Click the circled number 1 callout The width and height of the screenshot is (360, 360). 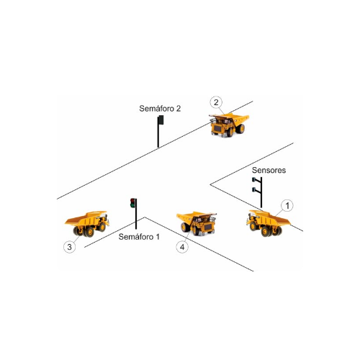pos(287,206)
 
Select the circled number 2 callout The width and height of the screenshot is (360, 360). pos(216,102)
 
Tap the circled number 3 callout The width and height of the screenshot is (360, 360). pos(70,247)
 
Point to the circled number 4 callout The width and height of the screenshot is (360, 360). pos(182,247)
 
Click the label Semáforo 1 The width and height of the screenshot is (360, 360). pos(139,237)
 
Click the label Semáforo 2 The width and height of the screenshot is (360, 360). pos(160,109)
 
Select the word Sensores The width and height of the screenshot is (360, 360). pos(269,170)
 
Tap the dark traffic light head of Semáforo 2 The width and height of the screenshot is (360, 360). pos(161,120)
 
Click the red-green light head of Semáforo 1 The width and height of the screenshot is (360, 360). pos(133,203)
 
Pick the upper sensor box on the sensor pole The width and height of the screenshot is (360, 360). pos(253,179)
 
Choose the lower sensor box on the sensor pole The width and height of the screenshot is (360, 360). pos(253,190)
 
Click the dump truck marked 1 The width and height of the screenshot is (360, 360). pos(269,223)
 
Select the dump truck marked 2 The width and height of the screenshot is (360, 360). pos(229,125)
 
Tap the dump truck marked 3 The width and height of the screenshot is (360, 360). pos(87,224)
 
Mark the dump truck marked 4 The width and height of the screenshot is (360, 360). pos(197,224)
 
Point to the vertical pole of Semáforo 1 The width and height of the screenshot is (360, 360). pos(136,214)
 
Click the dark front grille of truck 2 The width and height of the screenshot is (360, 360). pos(218,129)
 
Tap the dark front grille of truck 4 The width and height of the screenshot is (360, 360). pos(207,227)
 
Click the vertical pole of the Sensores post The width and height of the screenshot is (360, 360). pos(261,192)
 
